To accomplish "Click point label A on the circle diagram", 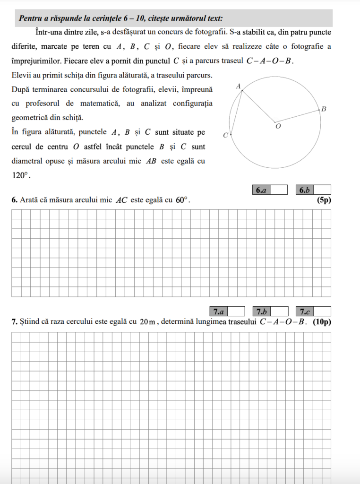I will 238,86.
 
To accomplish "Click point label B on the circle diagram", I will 324,109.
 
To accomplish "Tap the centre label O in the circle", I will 278,126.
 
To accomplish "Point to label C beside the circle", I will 225,136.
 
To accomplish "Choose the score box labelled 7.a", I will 227,311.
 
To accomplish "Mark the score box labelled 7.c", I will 313,311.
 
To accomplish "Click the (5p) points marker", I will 324,200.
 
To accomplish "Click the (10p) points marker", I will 322,322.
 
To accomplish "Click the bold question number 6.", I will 14,200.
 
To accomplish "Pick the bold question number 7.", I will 14,322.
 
